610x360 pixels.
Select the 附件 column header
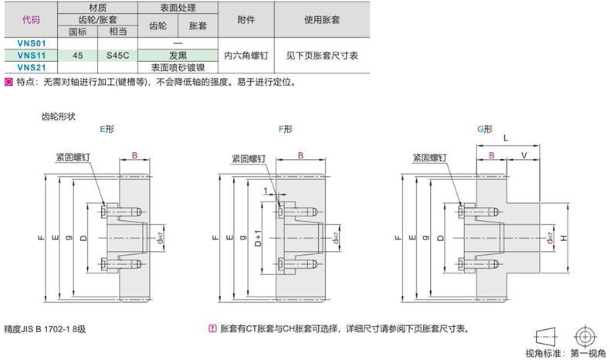pos(246,19)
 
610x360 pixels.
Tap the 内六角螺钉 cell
pos(246,56)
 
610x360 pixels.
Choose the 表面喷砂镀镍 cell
pos(178,67)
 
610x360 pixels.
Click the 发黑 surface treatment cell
pos(178,56)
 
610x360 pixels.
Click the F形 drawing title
pos(286,129)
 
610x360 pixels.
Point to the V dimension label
pos(524,155)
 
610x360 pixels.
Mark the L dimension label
pos(506,138)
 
